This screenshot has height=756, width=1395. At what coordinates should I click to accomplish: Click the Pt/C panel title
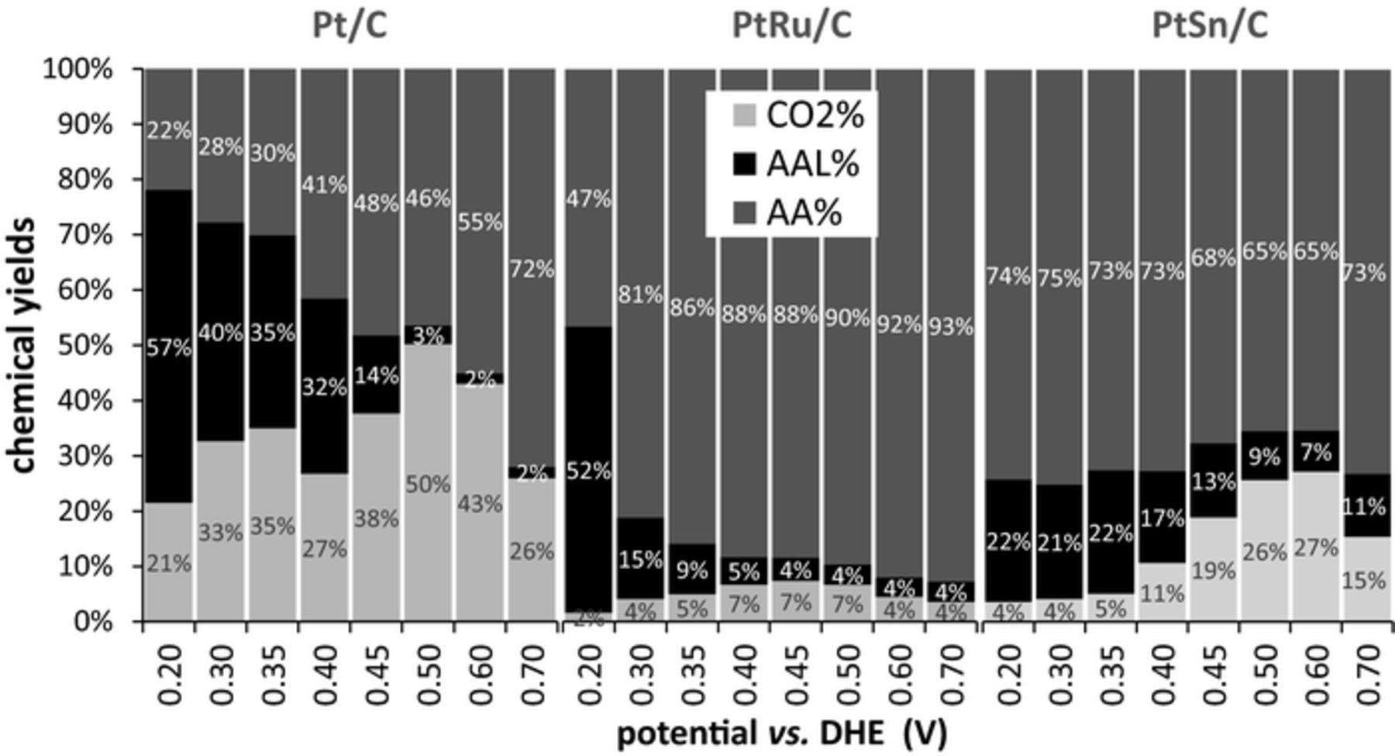coord(349,25)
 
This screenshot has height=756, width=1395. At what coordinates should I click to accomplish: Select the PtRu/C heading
coord(791,25)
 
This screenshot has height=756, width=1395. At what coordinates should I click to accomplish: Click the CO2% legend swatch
coord(744,116)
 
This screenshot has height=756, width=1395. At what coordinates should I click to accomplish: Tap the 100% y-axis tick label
coord(77,69)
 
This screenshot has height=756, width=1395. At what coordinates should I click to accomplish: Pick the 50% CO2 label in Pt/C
coord(428,485)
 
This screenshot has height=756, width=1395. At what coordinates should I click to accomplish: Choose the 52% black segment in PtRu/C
coord(588,470)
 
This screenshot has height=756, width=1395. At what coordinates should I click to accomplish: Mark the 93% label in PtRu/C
coord(951,327)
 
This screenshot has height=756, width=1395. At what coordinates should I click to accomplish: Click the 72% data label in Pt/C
coord(532,270)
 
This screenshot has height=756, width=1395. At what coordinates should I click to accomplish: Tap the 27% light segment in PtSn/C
coord(1316,547)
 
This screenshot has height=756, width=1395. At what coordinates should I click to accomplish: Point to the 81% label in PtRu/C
coord(640,295)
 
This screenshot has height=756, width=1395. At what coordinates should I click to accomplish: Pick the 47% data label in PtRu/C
coord(588,199)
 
